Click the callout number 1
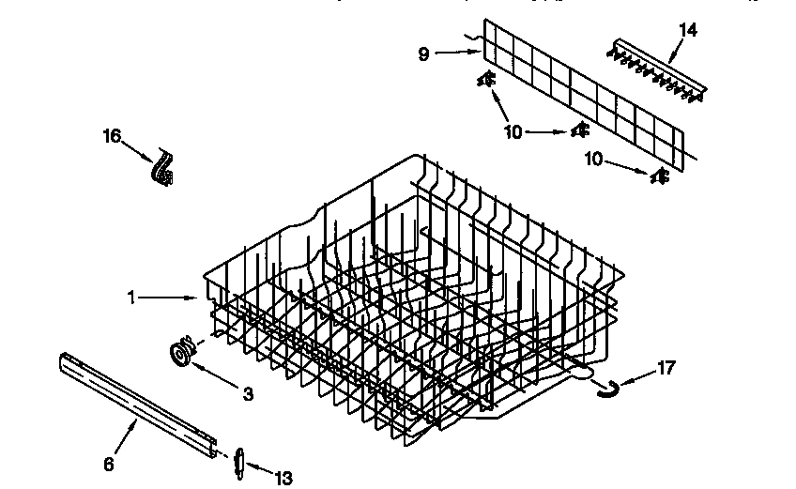pos(133,297)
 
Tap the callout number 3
pos(247,394)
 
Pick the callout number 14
pos(688,29)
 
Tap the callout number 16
pos(112,137)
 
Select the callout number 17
pos(665,367)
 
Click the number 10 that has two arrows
pos(513,132)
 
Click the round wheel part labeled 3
pos(180,353)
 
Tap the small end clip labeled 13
pos(237,463)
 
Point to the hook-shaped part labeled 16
pos(165,169)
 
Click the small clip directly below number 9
pos(487,82)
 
